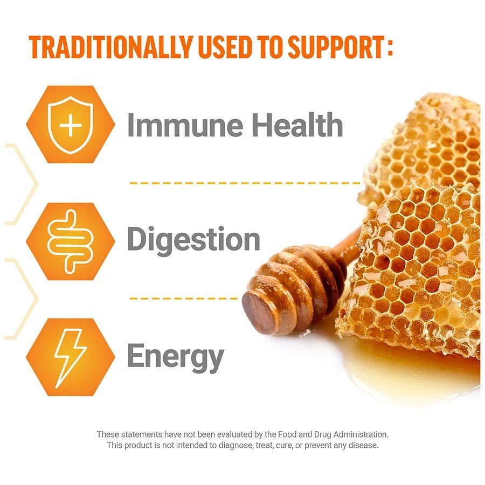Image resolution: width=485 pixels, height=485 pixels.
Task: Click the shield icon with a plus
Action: pyautogui.click(x=71, y=124)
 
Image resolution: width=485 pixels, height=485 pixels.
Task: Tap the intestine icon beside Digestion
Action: pyautogui.click(x=71, y=241)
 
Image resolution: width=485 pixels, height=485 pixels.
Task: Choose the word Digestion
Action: pyautogui.click(x=193, y=240)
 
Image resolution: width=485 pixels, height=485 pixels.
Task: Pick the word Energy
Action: pyautogui.click(x=175, y=357)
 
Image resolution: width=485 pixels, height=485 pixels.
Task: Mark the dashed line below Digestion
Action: pyautogui.click(x=183, y=298)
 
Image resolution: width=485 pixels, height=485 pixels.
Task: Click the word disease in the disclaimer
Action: pyautogui.click(x=364, y=445)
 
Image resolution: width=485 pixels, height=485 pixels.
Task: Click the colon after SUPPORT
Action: pyautogui.click(x=389, y=47)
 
